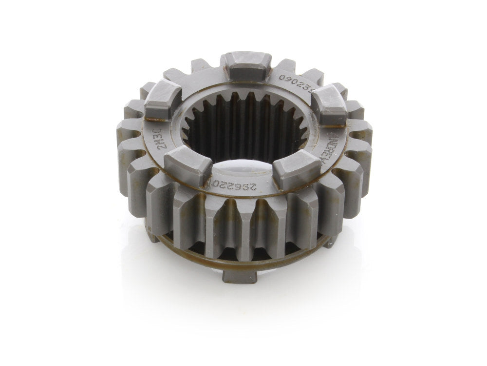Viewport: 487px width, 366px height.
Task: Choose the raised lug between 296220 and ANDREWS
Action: coord(297,168)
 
